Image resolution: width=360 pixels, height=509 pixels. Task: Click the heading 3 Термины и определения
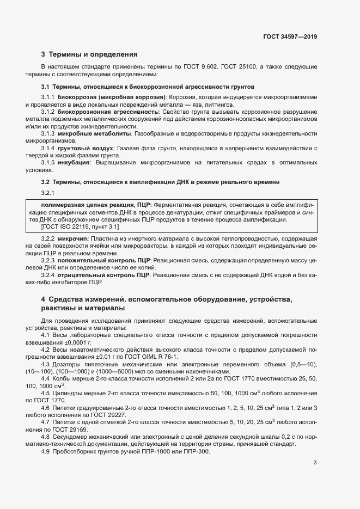[x=89, y=54]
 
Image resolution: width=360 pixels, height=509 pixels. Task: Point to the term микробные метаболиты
[x=95, y=133]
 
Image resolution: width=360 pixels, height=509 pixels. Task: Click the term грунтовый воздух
[x=86, y=148]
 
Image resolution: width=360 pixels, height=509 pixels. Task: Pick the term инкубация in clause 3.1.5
[x=76, y=162]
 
